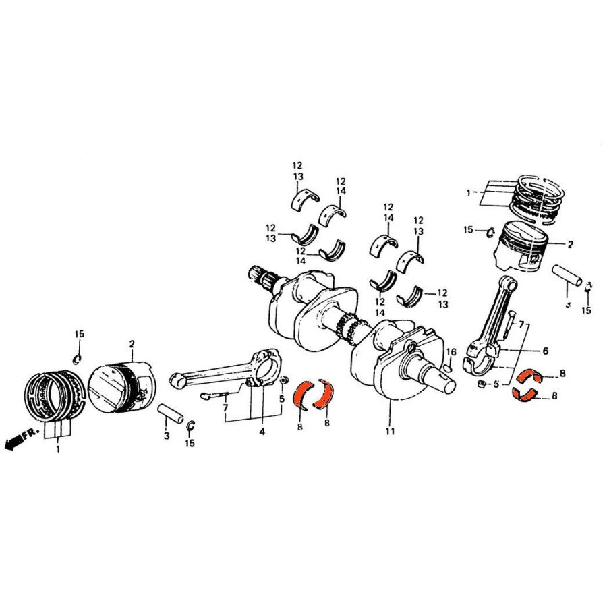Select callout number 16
451,351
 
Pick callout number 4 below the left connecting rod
261,431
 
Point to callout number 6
544,351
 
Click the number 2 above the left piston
132,344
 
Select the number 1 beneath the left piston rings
58,448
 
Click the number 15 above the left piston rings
80,335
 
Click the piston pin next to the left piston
171,413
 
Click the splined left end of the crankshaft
260,277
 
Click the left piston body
121,389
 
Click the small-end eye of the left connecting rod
179,380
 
